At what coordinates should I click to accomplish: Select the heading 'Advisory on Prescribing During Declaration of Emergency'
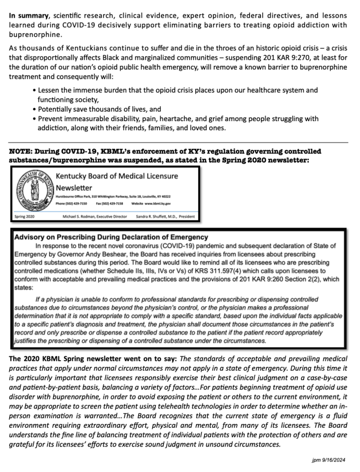[111, 237]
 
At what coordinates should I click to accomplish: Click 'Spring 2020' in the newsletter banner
[24, 216]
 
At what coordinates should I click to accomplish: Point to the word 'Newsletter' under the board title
[74, 188]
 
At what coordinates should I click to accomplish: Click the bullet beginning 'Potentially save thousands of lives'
[99, 109]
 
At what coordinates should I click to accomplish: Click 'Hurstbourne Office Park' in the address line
[72, 197]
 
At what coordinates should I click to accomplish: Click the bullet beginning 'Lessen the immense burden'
[177, 90]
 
